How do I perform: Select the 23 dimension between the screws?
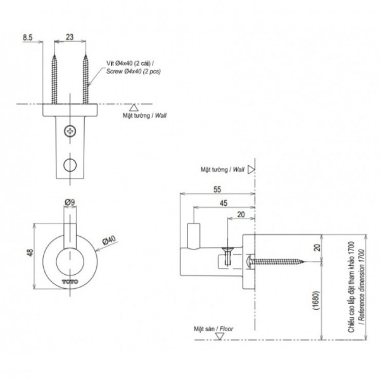(70, 38)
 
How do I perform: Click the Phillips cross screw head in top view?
(70, 133)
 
